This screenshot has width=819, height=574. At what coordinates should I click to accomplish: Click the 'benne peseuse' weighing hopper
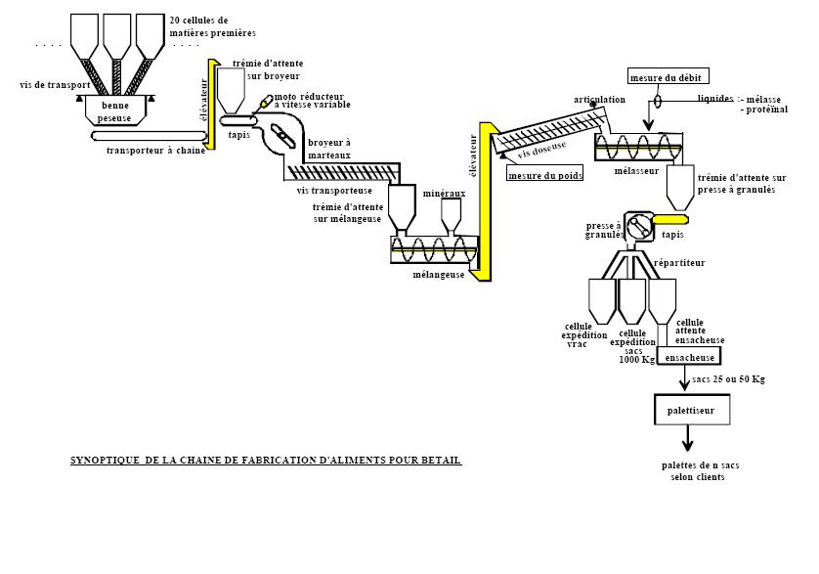click(115, 110)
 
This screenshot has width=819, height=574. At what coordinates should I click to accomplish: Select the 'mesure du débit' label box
click(668, 76)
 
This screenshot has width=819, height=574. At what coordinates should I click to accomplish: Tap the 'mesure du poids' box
click(544, 175)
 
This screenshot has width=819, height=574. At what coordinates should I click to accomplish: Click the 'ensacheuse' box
click(689, 357)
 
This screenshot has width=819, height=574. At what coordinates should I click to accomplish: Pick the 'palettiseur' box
click(692, 410)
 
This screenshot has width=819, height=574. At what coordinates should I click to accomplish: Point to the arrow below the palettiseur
click(687, 438)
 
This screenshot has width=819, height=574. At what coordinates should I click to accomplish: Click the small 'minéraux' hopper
click(451, 215)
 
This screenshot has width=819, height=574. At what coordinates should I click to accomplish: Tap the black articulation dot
click(593, 105)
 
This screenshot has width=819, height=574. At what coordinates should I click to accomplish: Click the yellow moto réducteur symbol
click(267, 101)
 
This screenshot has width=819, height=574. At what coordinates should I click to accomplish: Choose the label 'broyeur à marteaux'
click(329, 149)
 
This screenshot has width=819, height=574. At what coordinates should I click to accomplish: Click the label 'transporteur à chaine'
click(155, 151)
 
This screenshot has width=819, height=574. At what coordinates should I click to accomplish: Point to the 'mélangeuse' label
click(438, 275)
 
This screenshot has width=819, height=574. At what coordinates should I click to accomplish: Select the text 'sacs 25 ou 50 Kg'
click(728, 379)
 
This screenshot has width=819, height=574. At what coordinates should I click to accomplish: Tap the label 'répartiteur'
click(679, 263)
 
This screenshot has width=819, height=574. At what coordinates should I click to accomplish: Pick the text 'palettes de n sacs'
click(700, 464)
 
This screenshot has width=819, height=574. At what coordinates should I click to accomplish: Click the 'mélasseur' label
click(636, 171)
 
